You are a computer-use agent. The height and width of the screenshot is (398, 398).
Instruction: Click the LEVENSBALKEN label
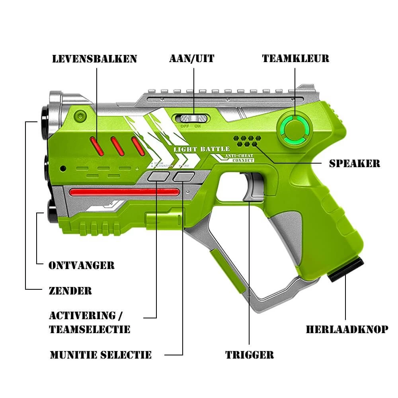click(95, 59)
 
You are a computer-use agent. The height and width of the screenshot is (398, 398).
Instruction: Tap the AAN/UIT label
click(192, 59)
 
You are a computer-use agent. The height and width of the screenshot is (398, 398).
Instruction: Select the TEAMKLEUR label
click(295, 59)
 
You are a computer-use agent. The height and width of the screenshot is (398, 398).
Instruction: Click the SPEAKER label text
click(355, 163)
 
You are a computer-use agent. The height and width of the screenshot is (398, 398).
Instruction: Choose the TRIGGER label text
click(250, 355)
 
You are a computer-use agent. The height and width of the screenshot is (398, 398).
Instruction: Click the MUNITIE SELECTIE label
click(101, 355)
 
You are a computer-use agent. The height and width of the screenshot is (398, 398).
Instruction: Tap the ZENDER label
click(70, 291)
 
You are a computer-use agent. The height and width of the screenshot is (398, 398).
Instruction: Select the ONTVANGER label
click(82, 265)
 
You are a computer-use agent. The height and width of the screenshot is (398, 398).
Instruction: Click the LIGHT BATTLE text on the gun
click(201, 149)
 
